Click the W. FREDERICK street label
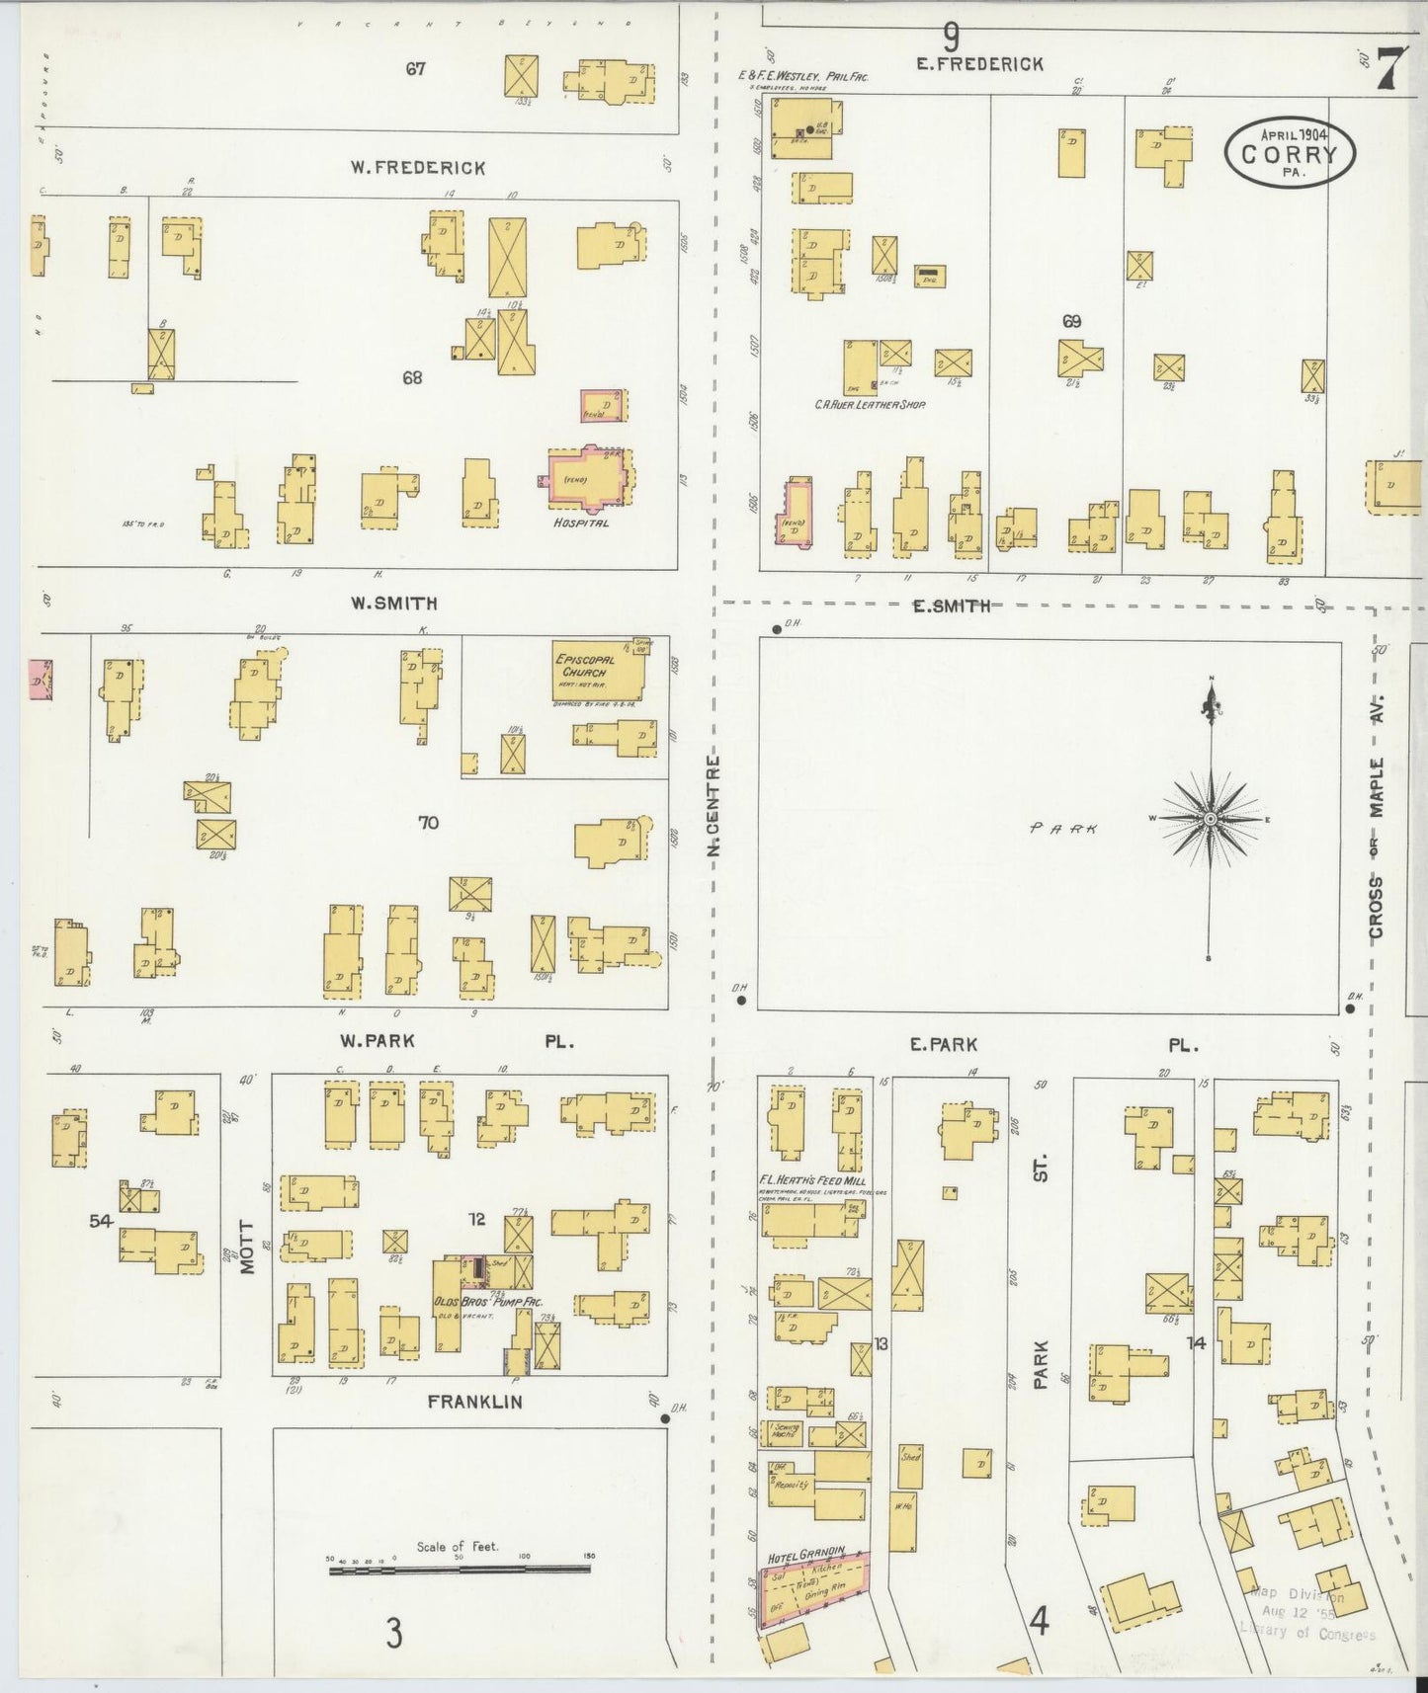click(x=417, y=168)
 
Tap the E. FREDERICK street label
click(x=978, y=64)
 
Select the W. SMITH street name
click(x=394, y=604)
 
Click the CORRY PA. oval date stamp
click(x=1290, y=153)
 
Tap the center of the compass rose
click(x=1210, y=820)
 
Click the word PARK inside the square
click(x=1063, y=829)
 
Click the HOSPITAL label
click(x=581, y=523)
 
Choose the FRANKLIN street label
click(x=475, y=1402)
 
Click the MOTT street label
click(x=246, y=1247)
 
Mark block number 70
click(x=428, y=823)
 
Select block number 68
click(x=412, y=377)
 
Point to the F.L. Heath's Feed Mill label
click(x=812, y=1180)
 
